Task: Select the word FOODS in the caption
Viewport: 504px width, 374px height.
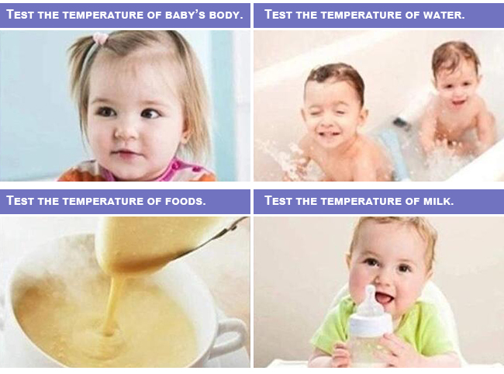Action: tap(185, 201)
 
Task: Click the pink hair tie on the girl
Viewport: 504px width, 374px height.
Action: tap(101, 38)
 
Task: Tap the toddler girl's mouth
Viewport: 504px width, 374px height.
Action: tap(126, 152)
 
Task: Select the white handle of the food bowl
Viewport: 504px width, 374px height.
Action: tap(230, 335)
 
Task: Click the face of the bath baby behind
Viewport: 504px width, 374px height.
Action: tap(455, 87)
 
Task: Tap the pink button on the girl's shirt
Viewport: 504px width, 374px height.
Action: tap(176, 166)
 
